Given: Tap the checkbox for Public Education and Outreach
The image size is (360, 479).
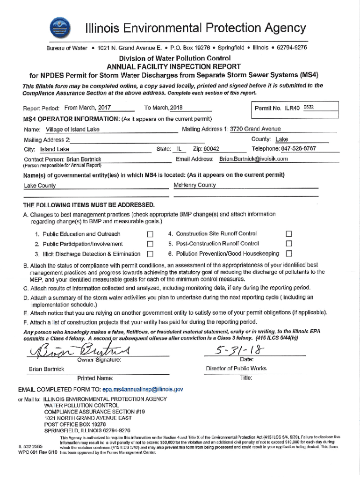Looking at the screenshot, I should [150, 234].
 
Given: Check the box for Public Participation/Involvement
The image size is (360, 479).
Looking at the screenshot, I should [150, 244].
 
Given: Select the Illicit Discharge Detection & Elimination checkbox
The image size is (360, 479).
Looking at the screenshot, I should [150, 254].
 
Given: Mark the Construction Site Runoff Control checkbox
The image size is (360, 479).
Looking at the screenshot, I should [289, 234].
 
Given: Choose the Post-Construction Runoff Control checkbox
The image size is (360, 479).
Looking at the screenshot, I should [289, 244].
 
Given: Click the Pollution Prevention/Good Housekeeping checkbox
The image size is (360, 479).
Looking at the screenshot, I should [289, 254].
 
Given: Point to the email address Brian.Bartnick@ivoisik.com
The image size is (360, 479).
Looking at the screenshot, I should [254, 159].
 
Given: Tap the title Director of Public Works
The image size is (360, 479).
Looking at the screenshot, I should [236, 369].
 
